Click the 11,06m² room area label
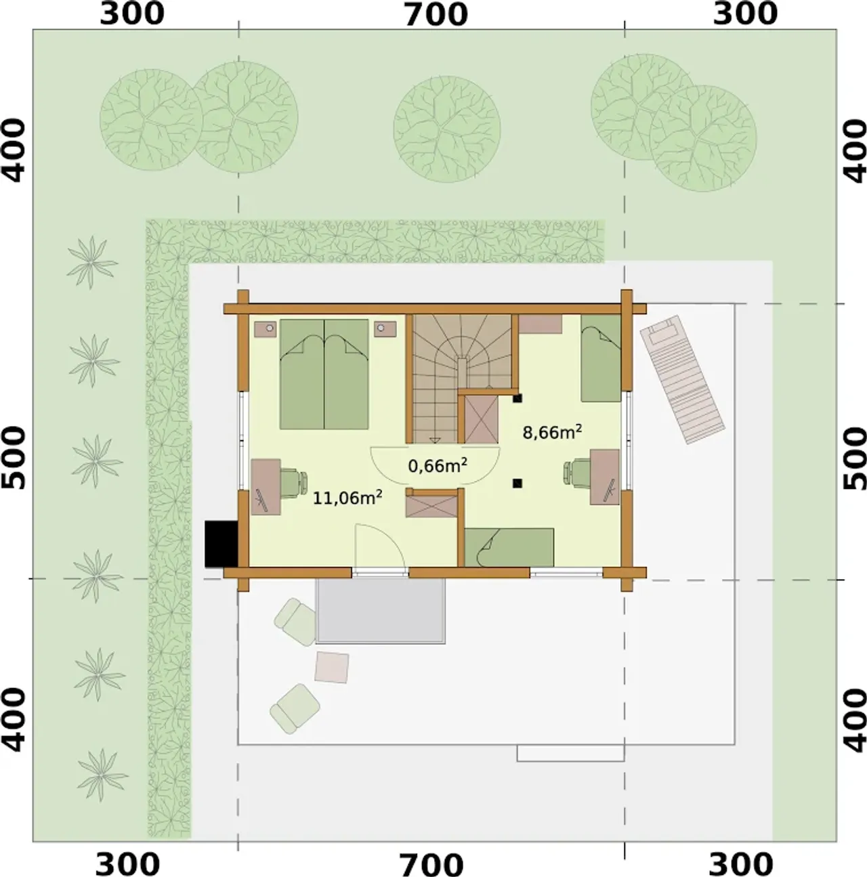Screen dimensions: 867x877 pyautogui.click(x=347, y=498)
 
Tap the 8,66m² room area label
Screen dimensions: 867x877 pyautogui.click(x=552, y=432)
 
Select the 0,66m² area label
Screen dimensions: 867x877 pyautogui.click(x=438, y=465)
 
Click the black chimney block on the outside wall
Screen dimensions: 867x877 pyautogui.click(x=221, y=544)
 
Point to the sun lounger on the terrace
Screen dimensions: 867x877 pyautogui.click(x=682, y=379)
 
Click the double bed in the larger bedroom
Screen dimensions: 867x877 pyautogui.click(x=324, y=374)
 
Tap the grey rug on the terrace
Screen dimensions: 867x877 pyautogui.click(x=381, y=611)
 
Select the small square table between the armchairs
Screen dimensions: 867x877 pyautogui.click(x=331, y=667)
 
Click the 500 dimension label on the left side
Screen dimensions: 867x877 pyautogui.click(x=13, y=458)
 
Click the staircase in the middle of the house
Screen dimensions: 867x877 pyautogui.click(x=462, y=378)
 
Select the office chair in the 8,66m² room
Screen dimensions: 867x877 pyautogui.click(x=578, y=471)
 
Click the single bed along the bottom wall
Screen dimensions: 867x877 pyautogui.click(x=509, y=547)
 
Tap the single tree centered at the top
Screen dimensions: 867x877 pyautogui.click(x=446, y=130)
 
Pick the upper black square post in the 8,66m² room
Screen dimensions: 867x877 pyautogui.click(x=517, y=399)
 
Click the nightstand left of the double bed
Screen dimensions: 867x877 pyautogui.click(x=266, y=328)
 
